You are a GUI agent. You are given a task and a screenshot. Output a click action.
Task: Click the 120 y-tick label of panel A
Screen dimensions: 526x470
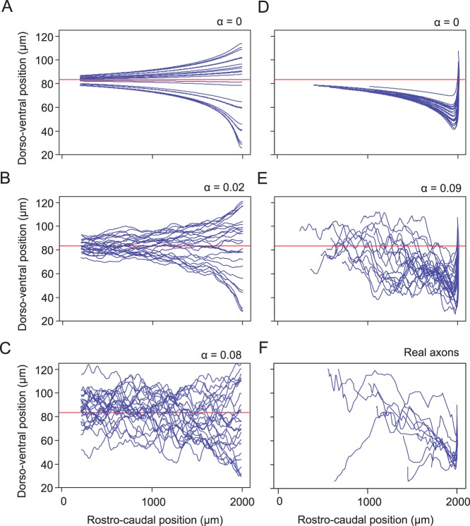tap(44, 35)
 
